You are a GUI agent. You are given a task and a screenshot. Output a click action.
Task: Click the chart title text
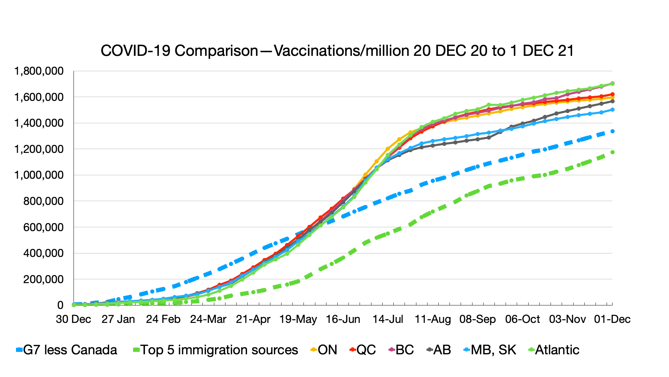coord(337,51)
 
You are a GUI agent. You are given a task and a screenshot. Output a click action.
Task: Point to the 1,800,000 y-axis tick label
coord(39,71)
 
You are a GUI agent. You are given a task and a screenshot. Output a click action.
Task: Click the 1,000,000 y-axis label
coord(39,175)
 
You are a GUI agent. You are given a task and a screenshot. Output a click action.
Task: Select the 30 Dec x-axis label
coord(74,319)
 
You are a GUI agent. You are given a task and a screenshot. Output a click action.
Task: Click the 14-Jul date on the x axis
coord(388,319)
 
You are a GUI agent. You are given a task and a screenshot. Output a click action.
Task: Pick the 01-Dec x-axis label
coord(612,319)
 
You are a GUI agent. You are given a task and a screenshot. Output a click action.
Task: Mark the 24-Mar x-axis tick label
coord(208,319)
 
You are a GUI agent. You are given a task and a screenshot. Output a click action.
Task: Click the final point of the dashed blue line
coord(612,131)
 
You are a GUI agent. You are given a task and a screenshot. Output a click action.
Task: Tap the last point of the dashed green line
coord(612,152)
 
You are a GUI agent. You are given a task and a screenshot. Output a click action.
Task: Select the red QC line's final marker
coord(612,94)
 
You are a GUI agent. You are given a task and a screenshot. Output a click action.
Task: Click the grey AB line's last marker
coord(612,101)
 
